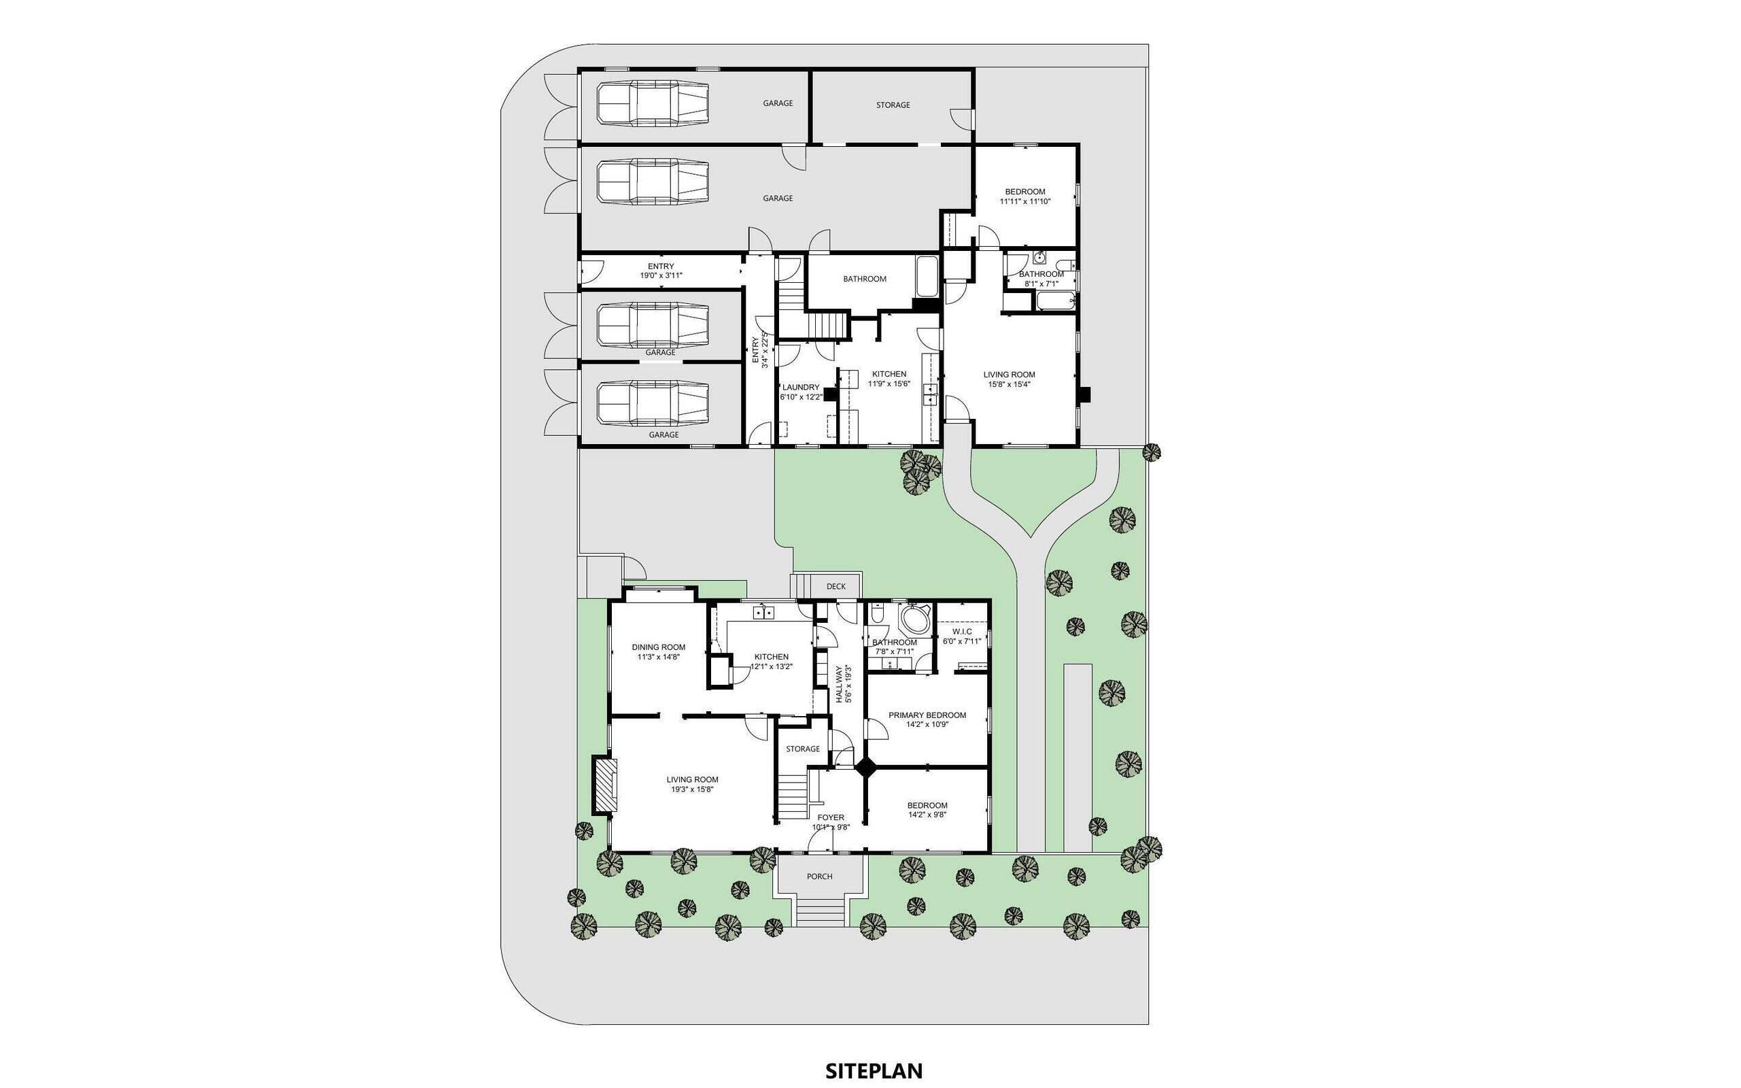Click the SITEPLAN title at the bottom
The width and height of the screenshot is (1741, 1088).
coord(874,1050)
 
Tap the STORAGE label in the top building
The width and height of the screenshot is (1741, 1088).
coord(893,105)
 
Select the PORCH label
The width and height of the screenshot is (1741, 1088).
coord(819,877)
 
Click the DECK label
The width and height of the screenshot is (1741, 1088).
coord(836,586)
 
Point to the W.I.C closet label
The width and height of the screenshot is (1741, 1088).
coord(962,631)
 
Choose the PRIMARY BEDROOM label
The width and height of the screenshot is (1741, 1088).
coord(927,715)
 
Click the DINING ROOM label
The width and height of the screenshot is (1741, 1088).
coord(658,647)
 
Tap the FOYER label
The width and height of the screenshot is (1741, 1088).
coord(831,817)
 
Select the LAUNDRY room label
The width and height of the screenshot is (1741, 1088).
coord(801,387)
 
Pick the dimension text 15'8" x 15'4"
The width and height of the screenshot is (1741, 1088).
coord(1010,384)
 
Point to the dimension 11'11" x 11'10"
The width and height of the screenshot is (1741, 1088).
coord(1025,201)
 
